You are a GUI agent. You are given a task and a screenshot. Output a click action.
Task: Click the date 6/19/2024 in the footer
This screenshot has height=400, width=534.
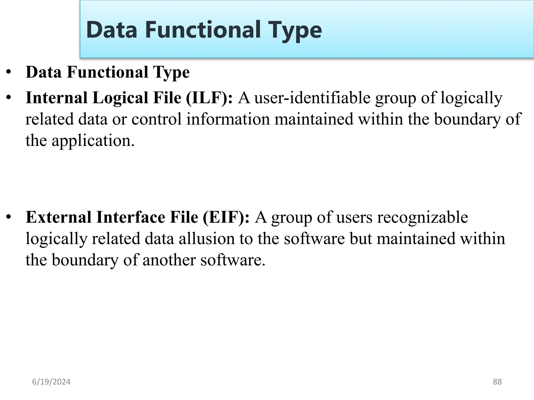pyautogui.click(x=51, y=382)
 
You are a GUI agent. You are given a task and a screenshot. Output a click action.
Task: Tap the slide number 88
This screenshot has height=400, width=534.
pyautogui.click(x=497, y=382)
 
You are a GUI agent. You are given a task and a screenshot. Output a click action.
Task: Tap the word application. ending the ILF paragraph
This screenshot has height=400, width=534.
pyautogui.click(x=93, y=141)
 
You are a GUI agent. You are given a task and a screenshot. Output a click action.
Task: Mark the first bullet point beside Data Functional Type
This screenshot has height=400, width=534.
pyautogui.click(x=9, y=72)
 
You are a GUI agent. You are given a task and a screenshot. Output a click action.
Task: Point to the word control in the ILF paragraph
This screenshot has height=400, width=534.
pyautogui.click(x=156, y=119)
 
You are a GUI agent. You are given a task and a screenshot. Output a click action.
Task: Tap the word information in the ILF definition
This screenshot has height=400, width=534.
pyautogui.click(x=228, y=119)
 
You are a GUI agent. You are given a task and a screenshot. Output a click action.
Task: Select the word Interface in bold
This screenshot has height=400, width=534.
pyautogui.click(x=131, y=217)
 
